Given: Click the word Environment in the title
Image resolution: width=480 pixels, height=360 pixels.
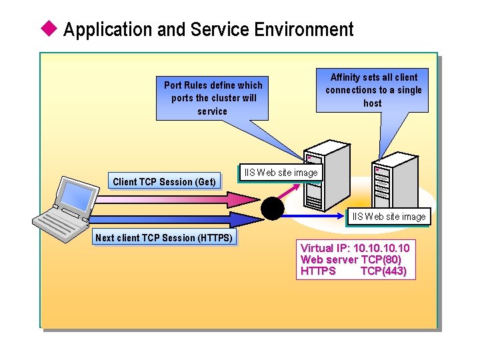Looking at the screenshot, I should (305, 29).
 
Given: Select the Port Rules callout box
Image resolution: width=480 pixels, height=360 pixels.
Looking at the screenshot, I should (213, 97).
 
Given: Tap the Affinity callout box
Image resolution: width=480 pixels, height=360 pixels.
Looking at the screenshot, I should (373, 89).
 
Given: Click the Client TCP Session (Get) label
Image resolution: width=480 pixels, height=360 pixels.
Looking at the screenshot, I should (164, 181).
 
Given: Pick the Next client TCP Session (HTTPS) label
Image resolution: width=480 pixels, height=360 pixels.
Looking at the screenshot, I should (164, 237).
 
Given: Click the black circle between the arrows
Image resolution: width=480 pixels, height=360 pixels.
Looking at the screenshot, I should (272, 209).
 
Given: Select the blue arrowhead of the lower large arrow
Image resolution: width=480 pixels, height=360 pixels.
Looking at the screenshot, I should (251, 219).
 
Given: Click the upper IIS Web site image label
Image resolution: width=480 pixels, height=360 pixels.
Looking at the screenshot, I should (281, 173).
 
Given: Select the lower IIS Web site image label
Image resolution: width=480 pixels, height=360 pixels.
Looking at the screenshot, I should (389, 217).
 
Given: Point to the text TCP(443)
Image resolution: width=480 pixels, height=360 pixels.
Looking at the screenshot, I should (383, 271).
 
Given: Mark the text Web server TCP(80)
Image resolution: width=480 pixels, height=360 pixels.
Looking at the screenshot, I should (351, 259).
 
